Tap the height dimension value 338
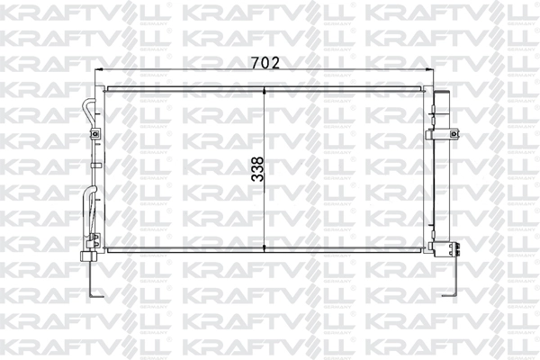point(257,168)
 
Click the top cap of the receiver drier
point(442,93)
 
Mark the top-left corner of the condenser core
point(106,87)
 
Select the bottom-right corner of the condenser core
point(425,250)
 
